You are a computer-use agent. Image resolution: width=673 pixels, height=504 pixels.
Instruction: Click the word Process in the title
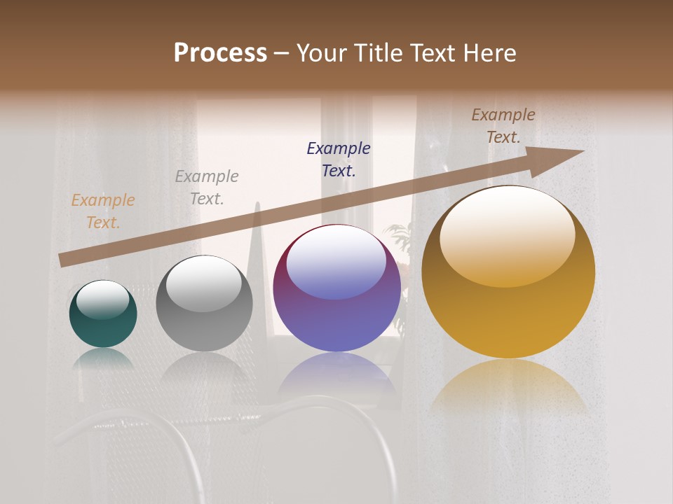[x=220, y=53]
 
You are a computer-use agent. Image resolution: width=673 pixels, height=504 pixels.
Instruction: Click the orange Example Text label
[x=103, y=211]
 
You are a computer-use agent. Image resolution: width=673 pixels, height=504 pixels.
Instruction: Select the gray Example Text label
[x=207, y=187]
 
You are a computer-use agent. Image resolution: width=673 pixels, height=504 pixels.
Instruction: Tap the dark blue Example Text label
[x=339, y=159]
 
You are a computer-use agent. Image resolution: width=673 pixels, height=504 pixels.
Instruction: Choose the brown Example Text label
[x=503, y=125]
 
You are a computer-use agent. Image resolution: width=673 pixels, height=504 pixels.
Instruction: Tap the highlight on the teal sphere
[x=103, y=299]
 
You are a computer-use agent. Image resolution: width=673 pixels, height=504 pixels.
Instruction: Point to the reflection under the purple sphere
[x=336, y=374]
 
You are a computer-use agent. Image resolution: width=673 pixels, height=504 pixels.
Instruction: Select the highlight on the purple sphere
[x=336, y=262]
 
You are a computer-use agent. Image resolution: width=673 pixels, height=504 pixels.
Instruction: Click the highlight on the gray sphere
[x=204, y=283]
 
